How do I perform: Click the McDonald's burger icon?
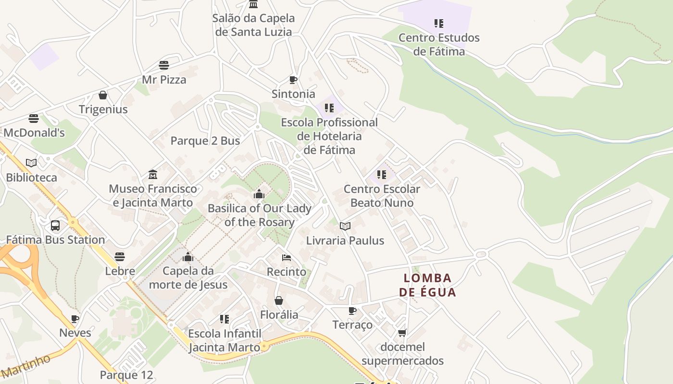click(34, 118)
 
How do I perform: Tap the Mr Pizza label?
click(164, 80)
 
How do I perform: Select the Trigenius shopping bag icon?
click(103, 95)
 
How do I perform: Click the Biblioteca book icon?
click(31, 163)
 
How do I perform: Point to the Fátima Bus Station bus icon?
click(55, 226)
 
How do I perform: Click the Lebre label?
click(120, 271)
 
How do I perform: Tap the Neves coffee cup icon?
click(75, 319)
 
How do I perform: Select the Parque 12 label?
click(126, 375)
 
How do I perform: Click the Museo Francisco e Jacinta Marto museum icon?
click(153, 174)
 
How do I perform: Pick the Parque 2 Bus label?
click(205, 141)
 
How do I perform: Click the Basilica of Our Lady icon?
click(259, 194)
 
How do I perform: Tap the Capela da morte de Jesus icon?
click(188, 257)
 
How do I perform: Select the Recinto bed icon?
click(287, 258)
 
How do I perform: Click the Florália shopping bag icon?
click(279, 300)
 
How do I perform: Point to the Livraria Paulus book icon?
click(345, 226)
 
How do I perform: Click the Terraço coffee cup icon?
click(352, 311)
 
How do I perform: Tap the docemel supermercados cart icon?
click(402, 333)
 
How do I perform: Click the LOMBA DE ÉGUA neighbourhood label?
click(427, 285)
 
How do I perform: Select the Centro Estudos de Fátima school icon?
click(438, 23)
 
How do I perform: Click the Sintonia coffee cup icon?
click(293, 80)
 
